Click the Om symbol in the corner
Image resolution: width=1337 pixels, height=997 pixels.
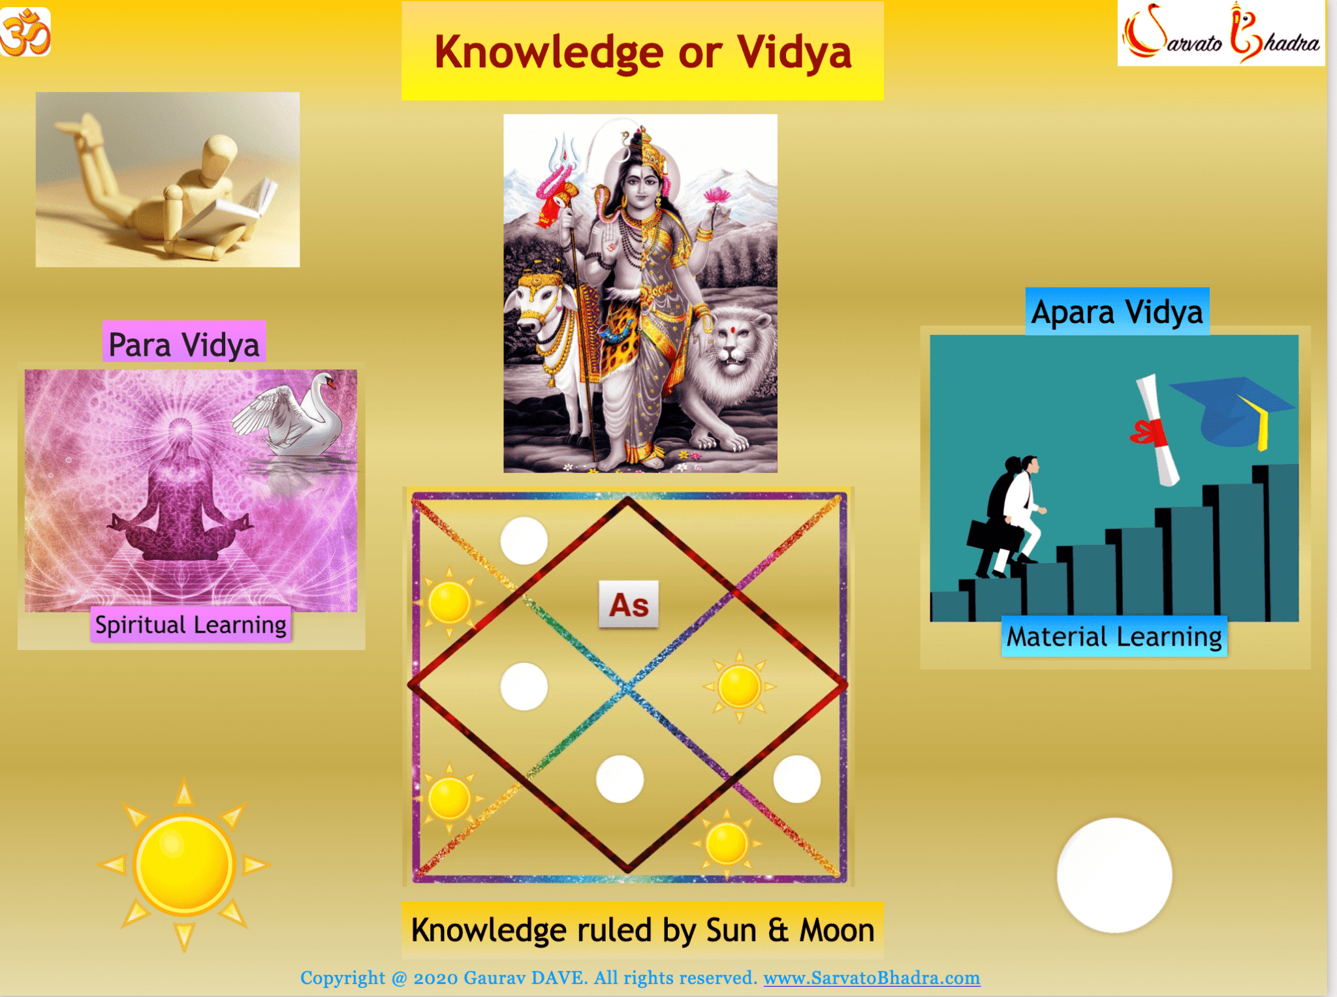click(25, 32)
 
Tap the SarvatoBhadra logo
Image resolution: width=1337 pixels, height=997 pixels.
click(1221, 33)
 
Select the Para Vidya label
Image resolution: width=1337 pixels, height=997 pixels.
click(184, 344)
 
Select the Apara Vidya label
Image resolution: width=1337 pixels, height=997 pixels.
click(1117, 312)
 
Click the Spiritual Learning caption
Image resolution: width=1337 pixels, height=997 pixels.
click(191, 625)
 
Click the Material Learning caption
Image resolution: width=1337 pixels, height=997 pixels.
click(1114, 637)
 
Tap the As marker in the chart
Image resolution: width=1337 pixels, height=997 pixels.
click(628, 605)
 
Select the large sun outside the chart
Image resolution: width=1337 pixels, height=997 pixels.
click(183, 864)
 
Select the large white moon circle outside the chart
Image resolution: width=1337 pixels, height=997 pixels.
click(1114, 874)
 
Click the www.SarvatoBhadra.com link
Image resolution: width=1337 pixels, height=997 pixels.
click(871, 977)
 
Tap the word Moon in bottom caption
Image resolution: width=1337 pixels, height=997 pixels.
click(837, 930)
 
